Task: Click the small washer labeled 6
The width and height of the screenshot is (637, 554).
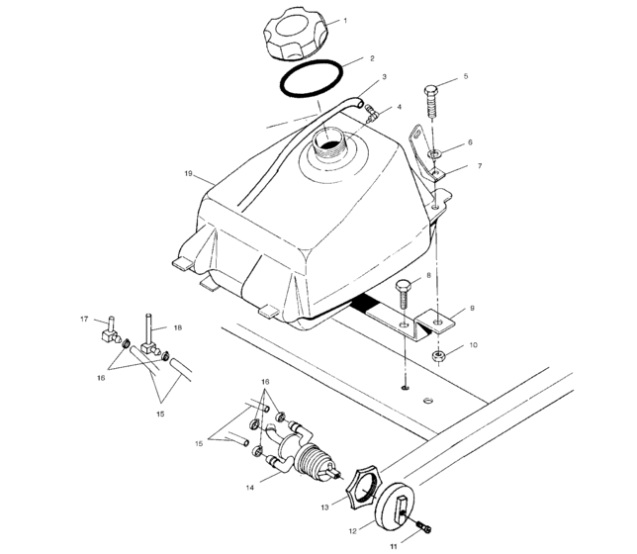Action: coord(436,154)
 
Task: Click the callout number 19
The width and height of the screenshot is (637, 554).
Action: coord(187,174)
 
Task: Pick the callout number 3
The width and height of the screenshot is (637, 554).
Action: coord(384,76)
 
